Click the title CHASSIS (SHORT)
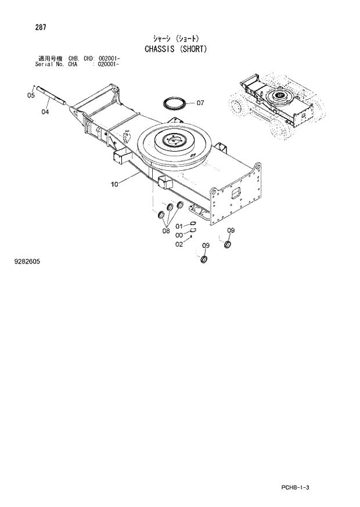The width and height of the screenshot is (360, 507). pyautogui.click(x=175, y=49)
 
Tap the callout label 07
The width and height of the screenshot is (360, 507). pyautogui.click(x=200, y=103)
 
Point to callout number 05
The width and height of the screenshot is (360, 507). pyautogui.click(x=31, y=96)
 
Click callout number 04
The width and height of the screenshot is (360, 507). pyautogui.click(x=45, y=112)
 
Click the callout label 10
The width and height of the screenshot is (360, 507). pyautogui.click(x=114, y=184)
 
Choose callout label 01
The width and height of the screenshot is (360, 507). pyautogui.click(x=179, y=225)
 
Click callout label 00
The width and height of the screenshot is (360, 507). pyautogui.click(x=179, y=235)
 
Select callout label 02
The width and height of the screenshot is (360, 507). pyautogui.click(x=179, y=244)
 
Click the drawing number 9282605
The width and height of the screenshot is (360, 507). pyautogui.click(x=26, y=261)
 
